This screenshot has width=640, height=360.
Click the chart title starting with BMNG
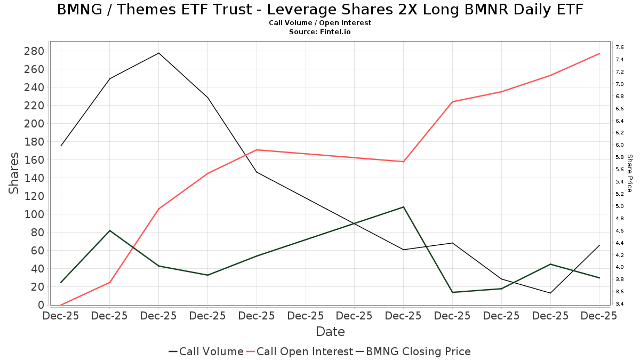click(320, 10)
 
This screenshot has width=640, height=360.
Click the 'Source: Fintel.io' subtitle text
click(320, 32)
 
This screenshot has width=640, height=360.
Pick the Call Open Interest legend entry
click(305, 351)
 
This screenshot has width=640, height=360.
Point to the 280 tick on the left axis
click(34, 51)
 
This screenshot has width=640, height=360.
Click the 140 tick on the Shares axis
click(34, 178)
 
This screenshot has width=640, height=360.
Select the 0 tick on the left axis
click(41, 305)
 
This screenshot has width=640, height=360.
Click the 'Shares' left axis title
click(14, 173)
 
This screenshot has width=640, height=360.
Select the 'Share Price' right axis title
click(629, 173)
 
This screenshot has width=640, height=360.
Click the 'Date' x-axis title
click(330, 332)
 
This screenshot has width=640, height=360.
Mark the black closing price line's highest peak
click(158, 53)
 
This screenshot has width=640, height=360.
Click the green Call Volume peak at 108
click(403, 207)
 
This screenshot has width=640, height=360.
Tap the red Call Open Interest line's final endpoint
click(599, 53)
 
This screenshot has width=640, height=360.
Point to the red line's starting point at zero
click(61, 305)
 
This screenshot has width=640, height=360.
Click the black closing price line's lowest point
click(550, 293)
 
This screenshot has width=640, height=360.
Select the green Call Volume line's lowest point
click(452, 292)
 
